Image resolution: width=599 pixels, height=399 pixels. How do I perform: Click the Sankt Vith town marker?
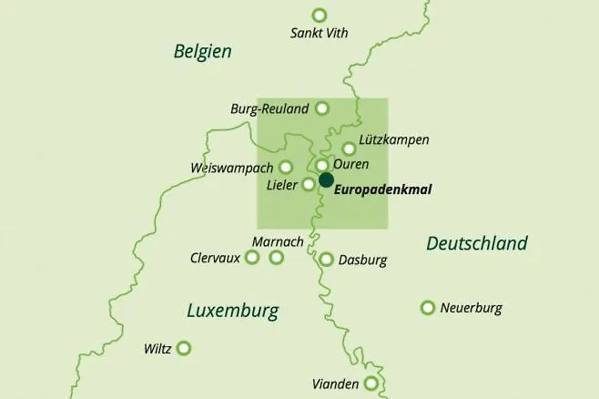tap(319, 15)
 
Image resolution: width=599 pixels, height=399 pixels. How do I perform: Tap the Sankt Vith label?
tap(319, 34)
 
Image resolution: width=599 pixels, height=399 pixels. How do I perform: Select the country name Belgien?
tap(202, 52)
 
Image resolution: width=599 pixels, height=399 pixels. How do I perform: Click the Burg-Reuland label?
tap(270, 109)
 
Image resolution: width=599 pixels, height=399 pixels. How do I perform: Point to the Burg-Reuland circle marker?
tap(321, 108)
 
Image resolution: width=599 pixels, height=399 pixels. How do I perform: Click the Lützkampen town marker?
tap(349, 148)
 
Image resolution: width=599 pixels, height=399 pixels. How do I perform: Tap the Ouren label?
tap(351, 165)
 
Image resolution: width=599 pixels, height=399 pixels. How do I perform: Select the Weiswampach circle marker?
tap(285, 167)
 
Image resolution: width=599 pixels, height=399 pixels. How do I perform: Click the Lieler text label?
tap(282, 185)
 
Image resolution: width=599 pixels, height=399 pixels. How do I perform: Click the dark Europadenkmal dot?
tap(326, 179)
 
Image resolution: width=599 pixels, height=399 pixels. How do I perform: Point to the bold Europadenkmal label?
tap(383, 190)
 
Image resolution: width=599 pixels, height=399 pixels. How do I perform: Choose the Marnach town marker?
tap(277, 258)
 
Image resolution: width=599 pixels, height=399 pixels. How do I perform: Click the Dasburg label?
tap(362, 260)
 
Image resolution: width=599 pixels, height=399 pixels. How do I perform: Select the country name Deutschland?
tap(476, 243)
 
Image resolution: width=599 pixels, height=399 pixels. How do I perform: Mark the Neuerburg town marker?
tap(427, 308)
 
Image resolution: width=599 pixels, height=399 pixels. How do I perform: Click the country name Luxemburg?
tap(232, 311)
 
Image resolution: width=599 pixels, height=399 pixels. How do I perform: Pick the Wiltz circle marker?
tap(184, 348)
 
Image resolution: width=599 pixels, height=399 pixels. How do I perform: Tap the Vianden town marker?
tap(371, 384)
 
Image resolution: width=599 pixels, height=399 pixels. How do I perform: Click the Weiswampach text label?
tap(232, 169)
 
